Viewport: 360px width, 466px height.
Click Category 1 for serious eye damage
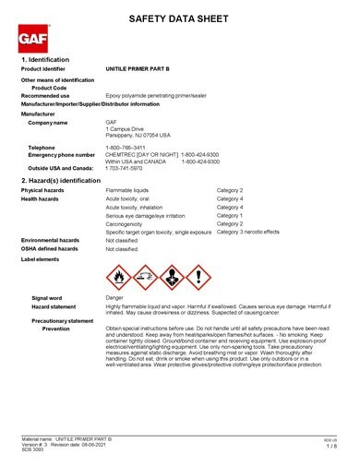click(230, 215)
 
